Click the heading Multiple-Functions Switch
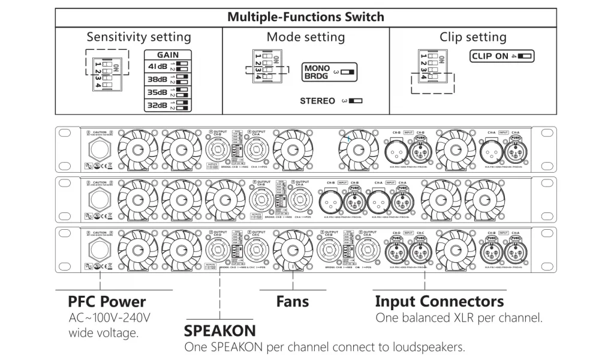pos(306,16)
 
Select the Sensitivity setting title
pos(139,37)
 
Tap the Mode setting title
pos(306,37)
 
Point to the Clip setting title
pos(473,37)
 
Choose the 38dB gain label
pos(157,79)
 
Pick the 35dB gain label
pos(157,93)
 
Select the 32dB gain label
pos(157,107)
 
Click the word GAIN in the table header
pos(167,54)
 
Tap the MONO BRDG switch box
pos(329,72)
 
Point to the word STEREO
pos(317,101)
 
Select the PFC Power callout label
pos(107,301)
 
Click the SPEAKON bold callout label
pos(219,331)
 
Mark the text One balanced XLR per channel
pos(459,317)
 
